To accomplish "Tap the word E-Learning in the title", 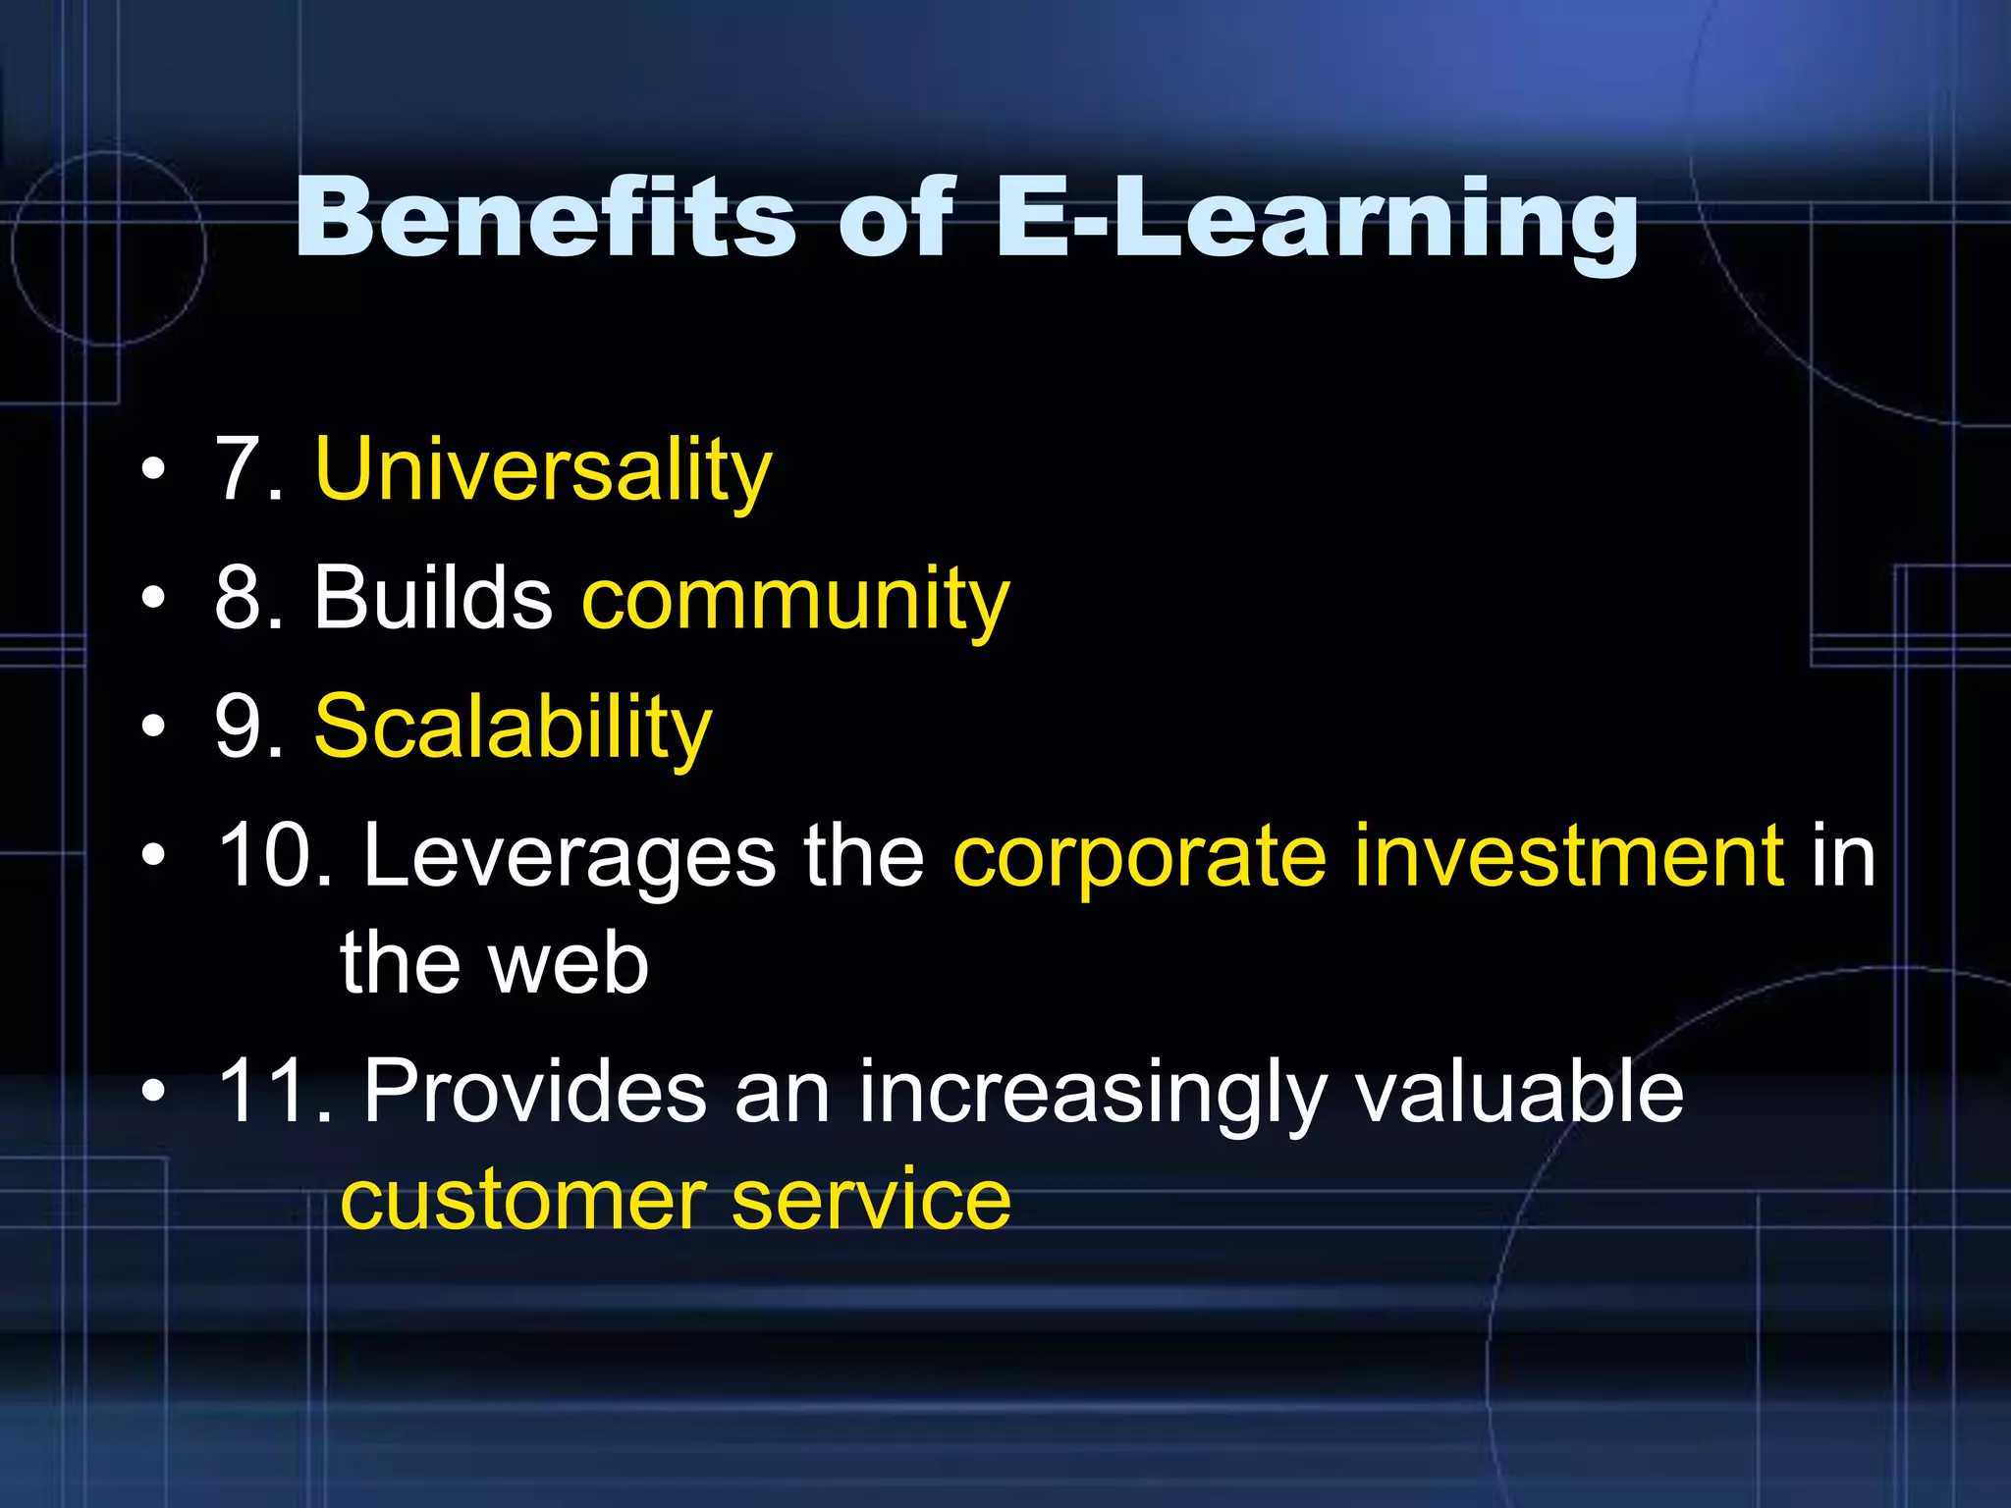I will click(1316, 221).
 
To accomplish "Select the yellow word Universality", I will click(543, 471).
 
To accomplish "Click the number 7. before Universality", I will click(248, 471).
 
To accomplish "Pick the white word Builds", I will click(433, 599).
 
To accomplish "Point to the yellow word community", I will click(795, 601).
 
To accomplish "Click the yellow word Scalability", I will click(513, 728).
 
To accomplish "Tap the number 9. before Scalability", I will click(248, 728).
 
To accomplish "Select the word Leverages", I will click(570, 857).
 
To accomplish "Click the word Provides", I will click(534, 1092).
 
